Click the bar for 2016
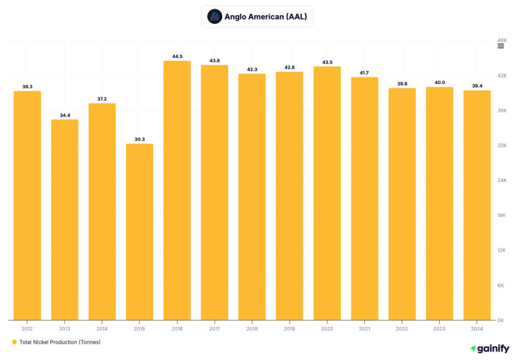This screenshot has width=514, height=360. point(177,190)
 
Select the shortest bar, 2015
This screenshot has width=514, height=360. point(140,231)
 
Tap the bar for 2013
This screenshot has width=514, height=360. point(65,219)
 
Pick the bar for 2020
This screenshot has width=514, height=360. point(327,193)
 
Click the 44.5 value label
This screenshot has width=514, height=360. point(177,57)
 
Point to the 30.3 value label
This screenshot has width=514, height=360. point(140,140)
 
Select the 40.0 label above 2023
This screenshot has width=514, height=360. point(439,83)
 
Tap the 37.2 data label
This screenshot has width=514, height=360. point(102,99)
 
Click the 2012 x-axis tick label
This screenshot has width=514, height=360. point(27,329)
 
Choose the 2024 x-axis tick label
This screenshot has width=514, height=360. point(477,329)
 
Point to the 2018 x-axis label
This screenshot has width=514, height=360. point(252,329)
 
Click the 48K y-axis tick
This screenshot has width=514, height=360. point(501,40)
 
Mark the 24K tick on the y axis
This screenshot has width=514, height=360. point(501,180)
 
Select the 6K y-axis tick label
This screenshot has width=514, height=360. point(500,285)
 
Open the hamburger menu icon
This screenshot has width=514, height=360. point(500,46)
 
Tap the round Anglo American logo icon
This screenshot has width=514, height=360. point(214,17)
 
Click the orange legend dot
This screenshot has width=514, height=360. point(14,342)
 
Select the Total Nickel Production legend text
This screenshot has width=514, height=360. point(60,342)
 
